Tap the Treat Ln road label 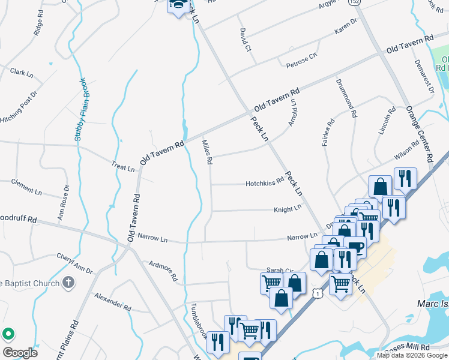[123, 166]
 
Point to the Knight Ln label [288, 208]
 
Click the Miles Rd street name [207, 152]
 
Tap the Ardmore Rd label [163, 271]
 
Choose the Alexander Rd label [112, 302]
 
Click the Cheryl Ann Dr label [75, 263]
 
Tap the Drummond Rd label [348, 97]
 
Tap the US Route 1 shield [318, 292]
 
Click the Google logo [20, 353]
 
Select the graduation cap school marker [178, 5]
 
